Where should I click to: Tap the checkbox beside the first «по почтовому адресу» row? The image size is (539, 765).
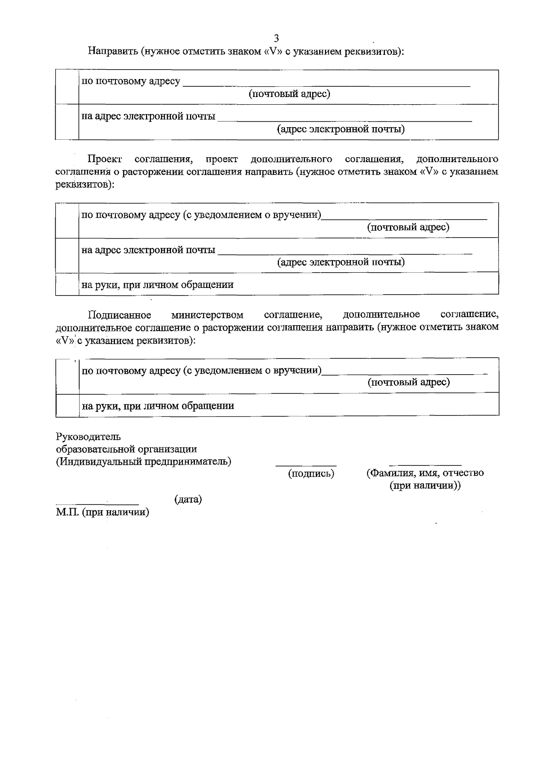point(67,87)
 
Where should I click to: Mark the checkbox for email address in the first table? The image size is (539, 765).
point(67,122)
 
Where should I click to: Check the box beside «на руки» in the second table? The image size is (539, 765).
point(67,283)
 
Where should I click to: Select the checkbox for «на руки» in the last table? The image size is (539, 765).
point(67,405)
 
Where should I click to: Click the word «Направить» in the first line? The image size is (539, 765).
point(112,51)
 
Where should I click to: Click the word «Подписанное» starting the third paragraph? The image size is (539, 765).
point(119,314)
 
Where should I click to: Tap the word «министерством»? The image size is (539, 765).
point(207,314)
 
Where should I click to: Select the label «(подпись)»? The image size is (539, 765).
point(311,473)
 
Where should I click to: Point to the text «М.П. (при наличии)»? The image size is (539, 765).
point(102,512)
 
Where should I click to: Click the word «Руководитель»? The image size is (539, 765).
point(88,437)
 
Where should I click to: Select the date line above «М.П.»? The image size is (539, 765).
point(97,504)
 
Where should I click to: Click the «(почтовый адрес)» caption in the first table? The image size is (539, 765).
point(290,94)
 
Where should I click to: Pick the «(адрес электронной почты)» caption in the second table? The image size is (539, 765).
point(341,262)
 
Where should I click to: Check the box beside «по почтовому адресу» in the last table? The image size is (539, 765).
point(67,376)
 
